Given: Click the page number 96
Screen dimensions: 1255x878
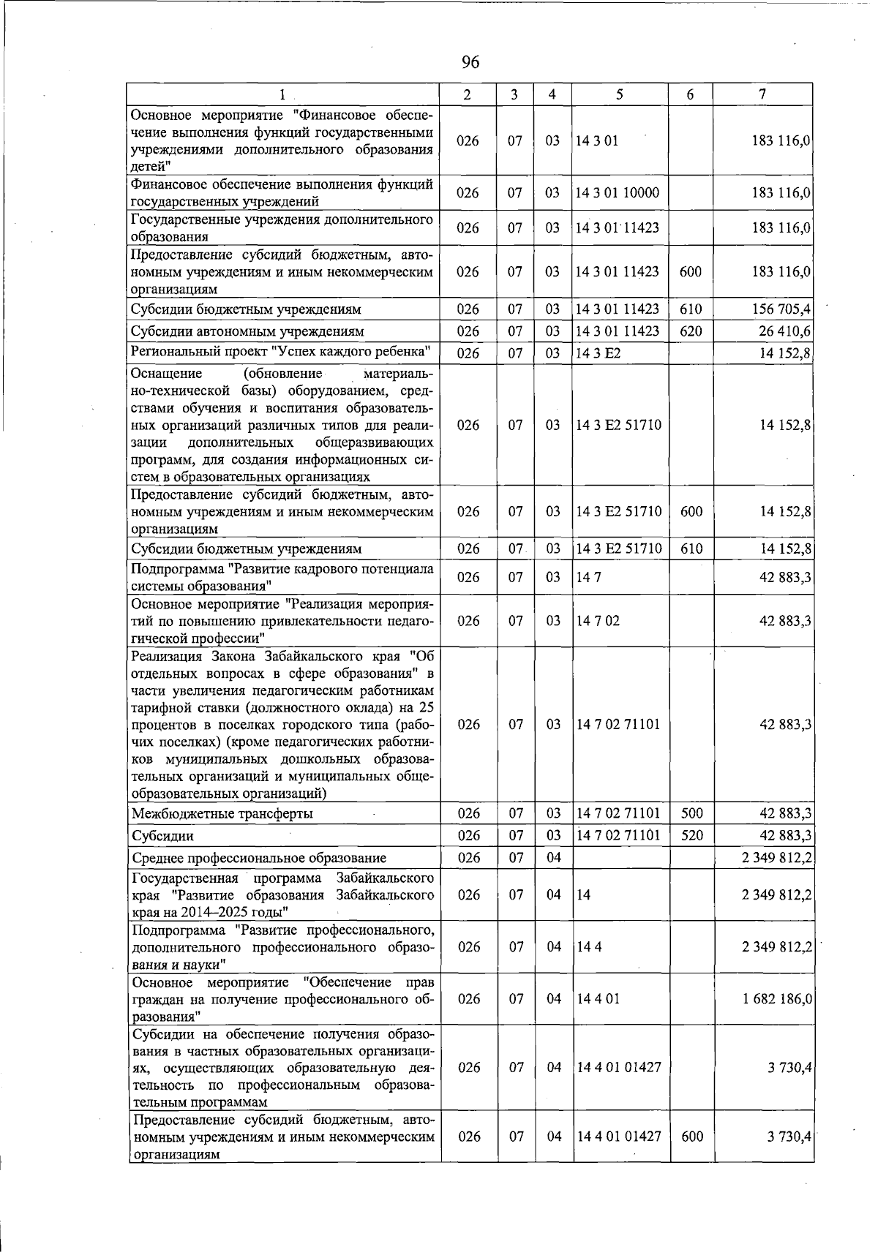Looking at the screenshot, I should click(x=470, y=63).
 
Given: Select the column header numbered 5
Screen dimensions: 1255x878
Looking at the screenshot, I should click(x=620, y=94).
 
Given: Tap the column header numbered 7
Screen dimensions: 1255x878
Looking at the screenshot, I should click(x=762, y=94).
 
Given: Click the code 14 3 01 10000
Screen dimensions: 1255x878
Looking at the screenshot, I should click(x=618, y=193).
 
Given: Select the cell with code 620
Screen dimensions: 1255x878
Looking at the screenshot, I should click(x=691, y=331).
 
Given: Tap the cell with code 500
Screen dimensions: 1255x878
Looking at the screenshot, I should click(x=691, y=813).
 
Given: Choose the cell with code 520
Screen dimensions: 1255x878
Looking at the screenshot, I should click(x=691, y=835).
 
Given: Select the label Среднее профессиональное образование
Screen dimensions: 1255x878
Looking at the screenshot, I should click(x=259, y=858).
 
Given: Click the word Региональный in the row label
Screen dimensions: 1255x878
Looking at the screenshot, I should click(x=170, y=352).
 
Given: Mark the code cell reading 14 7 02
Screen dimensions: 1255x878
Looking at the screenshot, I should click(x=598, y=621).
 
